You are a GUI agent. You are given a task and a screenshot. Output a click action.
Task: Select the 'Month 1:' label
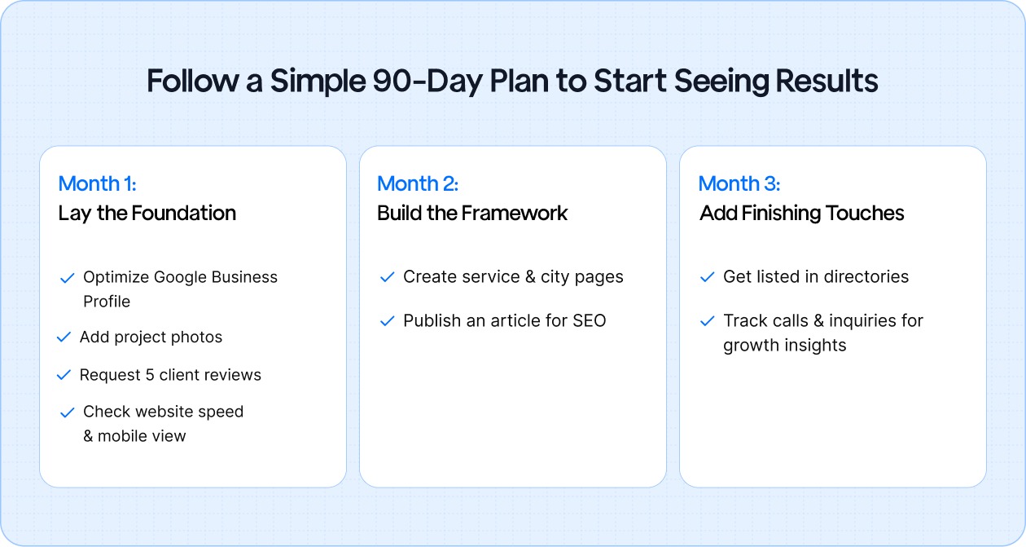(97, 183)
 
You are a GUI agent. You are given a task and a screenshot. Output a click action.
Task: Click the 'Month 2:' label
(418, 183)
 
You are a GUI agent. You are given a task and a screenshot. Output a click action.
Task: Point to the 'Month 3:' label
(739, 183)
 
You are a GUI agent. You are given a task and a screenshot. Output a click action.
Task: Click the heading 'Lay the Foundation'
(147, 214)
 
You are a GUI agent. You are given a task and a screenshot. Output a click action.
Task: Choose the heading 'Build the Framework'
(472, 214)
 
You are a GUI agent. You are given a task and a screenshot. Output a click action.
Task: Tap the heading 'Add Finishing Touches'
(801, 214)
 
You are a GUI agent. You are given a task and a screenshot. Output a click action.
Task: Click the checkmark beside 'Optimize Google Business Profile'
(68, 278)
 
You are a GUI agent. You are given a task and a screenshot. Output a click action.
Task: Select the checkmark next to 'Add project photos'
(64, 337)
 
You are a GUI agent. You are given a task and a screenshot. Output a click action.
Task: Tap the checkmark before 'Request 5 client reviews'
(64, 375)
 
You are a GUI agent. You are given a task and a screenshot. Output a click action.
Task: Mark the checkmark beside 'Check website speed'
(68, 412)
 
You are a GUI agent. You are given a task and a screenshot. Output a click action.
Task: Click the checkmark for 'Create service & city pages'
(388, 278)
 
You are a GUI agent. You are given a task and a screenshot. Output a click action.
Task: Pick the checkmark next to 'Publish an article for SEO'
(388, 321)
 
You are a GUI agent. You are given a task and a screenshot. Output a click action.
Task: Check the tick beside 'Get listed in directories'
(708, 278)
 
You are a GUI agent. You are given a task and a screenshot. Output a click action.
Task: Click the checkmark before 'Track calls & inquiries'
(708, 321)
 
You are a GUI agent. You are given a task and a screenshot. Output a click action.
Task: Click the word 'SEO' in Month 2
(589, 321)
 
